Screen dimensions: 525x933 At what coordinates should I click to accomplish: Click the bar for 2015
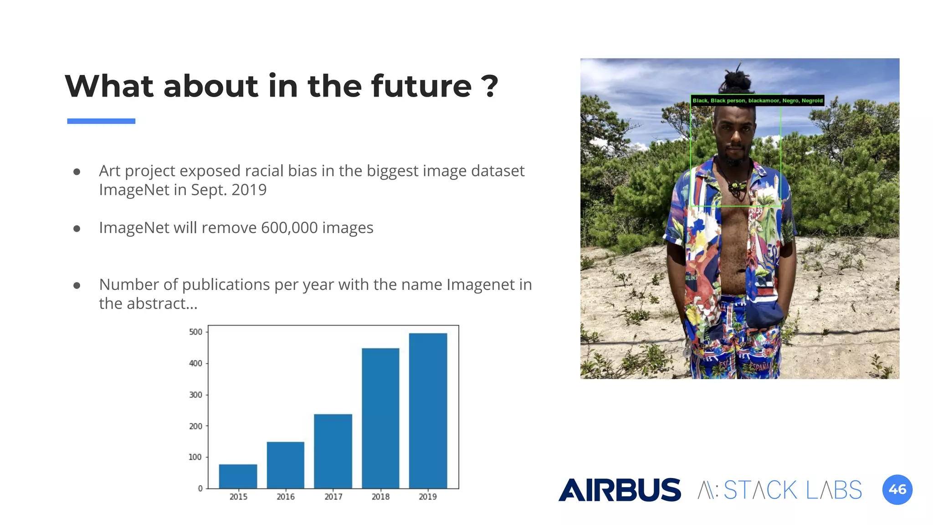(x=238, y=476)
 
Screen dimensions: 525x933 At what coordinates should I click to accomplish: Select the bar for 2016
(x=286, y=465)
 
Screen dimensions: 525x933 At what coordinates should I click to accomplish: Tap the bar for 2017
(x=333, y=451)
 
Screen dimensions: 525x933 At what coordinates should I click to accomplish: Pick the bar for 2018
(x=380, y=418)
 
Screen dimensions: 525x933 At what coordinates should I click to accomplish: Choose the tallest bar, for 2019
(x=428, y=411)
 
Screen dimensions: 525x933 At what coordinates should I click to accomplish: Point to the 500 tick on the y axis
(x=196, y=332)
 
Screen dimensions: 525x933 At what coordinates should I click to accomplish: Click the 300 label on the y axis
(x=196, y=395)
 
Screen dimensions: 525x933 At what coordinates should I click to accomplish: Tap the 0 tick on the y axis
(x=200, y=489)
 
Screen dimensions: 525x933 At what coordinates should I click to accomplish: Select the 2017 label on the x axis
(x=333, y=497)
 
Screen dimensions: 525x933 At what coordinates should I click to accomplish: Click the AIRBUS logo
(x=620, y=490)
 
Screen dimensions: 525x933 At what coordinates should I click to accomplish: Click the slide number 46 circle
(x=897, y=490)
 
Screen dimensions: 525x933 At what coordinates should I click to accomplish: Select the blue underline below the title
(x=101, y=121)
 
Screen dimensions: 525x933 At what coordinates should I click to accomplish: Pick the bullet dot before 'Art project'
(x=77, y=172)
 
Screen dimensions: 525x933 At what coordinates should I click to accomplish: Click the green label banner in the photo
(x=757, y=101)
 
